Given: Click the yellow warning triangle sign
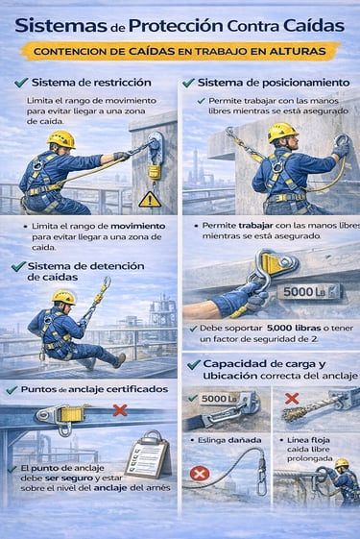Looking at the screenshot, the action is point(150,200).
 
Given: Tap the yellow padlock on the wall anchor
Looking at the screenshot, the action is point(155,171).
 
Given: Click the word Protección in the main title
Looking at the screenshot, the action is point(176,26).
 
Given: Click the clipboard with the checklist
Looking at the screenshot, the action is point(149,454).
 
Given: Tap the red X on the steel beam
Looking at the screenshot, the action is point(120,410).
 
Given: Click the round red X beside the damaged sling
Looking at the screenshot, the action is point(200,475).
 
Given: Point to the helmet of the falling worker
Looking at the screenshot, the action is point(63,297).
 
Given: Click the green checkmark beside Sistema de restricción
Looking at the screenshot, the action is point(21,83).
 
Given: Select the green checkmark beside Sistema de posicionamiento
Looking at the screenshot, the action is point(188,83).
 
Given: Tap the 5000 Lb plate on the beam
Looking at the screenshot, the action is point(308,292).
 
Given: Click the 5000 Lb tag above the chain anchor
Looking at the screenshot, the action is point(219,399).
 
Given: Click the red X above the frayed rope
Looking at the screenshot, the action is point(292,399).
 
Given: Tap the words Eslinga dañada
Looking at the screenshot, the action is point(229,440).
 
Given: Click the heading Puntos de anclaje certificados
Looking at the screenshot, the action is point(94,389).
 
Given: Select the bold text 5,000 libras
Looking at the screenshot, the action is point(294,329).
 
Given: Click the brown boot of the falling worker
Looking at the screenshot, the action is point(120,360).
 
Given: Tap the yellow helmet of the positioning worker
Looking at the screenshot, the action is point(282,132).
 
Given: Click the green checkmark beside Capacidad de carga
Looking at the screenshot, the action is point(194,365).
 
